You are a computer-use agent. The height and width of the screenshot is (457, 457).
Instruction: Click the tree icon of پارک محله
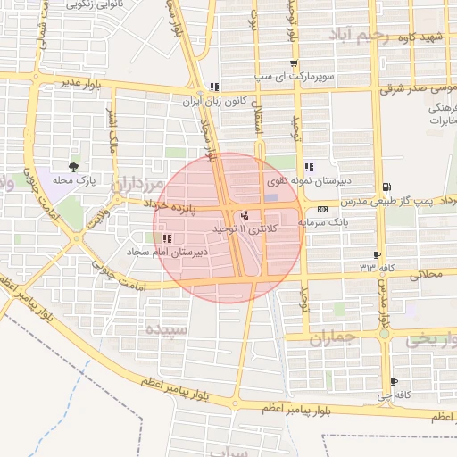tap(73, 166)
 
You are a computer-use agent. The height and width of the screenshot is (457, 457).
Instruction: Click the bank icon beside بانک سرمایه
tap(321, 209)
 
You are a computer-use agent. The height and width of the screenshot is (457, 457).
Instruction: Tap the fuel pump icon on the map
tap(386, 187)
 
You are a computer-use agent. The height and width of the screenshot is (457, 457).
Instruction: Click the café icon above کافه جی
tap(394, 382)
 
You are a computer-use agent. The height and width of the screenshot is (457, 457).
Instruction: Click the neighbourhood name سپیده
tap(165, 329)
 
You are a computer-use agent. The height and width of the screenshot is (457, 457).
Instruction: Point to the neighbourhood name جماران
tap(334, 338)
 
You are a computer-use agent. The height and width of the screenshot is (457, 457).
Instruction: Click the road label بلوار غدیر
tap(78, 83)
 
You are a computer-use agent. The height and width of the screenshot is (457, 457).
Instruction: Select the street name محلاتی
tap(424, 276)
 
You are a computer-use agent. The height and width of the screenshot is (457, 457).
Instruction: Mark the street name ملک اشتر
tap(112, 129)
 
